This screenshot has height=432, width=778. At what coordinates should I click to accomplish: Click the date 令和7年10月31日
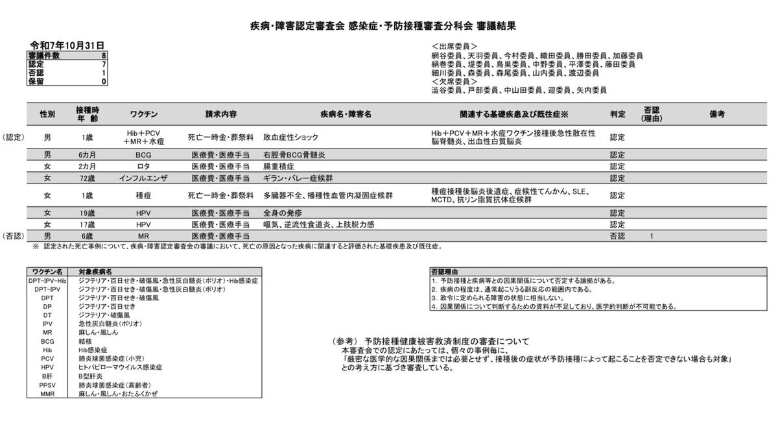67,45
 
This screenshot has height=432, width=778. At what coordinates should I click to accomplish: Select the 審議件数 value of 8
104,56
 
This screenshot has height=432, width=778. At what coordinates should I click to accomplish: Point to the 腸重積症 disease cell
280,166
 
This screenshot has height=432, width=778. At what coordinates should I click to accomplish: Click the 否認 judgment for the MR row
617,236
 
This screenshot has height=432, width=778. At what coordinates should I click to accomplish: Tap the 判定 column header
617,114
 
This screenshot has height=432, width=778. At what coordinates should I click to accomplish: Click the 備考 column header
717,114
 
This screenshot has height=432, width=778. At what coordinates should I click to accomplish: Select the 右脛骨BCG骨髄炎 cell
294,155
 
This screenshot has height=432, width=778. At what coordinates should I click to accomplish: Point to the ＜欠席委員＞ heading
454,82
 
